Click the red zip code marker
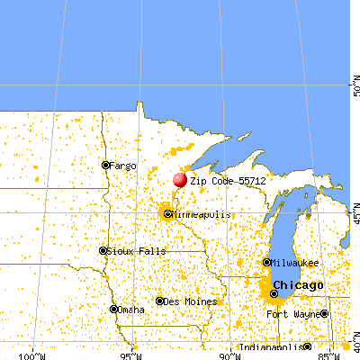pos(180,180)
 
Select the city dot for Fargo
pos(105,165)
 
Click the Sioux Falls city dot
pos(103,250)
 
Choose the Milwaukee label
pos(295,263)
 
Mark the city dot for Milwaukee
pos(265,262)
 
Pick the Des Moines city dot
pos(159,301)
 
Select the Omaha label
pos(131,310)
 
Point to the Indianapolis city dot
pos(307,347)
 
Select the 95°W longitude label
pos(131,354)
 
